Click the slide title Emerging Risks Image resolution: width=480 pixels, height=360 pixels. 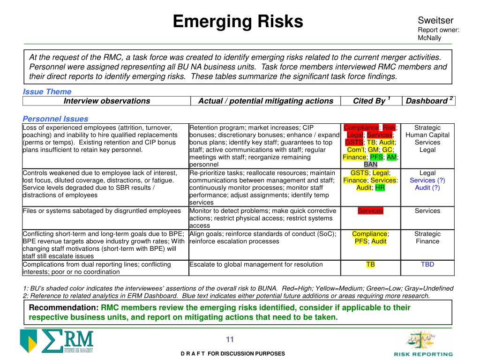pos(238,22)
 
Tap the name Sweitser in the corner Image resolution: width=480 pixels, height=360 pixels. pos(435,21)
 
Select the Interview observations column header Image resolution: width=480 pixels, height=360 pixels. pos(107,101)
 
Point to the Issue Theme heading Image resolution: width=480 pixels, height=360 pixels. pos(47,92)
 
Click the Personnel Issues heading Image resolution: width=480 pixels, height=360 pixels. pos(55,119)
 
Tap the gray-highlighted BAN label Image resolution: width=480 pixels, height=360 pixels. pos(370,165)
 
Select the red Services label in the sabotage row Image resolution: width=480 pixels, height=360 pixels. pos(370,211)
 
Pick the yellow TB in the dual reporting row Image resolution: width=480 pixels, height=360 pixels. pos(370,264)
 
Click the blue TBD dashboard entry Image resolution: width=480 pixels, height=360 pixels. pos(427,264)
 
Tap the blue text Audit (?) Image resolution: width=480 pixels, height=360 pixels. pos(427,188)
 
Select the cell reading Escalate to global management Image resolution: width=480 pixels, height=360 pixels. pos(256,264)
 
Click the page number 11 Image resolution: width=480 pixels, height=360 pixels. pos(230,340)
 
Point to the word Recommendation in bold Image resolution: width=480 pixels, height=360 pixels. pos(64,308)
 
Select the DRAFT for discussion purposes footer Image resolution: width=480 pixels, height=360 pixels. pos(233,354)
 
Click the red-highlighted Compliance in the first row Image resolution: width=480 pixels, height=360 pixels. pos(361,127)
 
